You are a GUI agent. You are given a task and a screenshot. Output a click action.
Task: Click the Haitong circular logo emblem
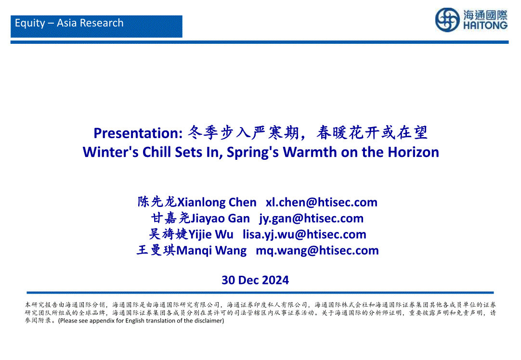point(447,20)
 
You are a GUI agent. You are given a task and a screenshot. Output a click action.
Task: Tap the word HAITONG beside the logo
point(485,26)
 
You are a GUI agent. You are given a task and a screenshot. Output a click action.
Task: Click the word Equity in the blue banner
point(30,23)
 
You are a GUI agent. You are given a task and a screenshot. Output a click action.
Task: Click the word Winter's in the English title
point(111,152)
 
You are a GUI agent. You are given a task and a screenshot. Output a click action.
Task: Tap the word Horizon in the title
point(413,152)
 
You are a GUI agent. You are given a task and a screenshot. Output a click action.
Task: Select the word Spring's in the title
point(253,153)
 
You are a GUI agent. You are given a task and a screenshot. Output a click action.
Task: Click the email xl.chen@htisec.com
point(322,202)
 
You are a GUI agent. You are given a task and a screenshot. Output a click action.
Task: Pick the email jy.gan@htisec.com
point(312,219)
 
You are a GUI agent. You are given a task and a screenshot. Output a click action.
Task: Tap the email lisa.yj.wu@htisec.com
point(304,234)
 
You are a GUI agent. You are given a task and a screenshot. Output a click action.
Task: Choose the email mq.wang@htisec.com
point(317,250)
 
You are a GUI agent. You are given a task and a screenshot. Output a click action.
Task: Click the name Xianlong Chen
point(217,202)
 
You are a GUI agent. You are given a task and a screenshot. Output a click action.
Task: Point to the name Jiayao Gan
point(220,219)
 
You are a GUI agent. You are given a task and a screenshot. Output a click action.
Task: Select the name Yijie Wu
point(210,234)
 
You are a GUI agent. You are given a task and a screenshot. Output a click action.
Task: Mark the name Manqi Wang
point(211,250)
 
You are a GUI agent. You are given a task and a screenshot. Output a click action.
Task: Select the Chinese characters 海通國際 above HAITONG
point(485,15)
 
